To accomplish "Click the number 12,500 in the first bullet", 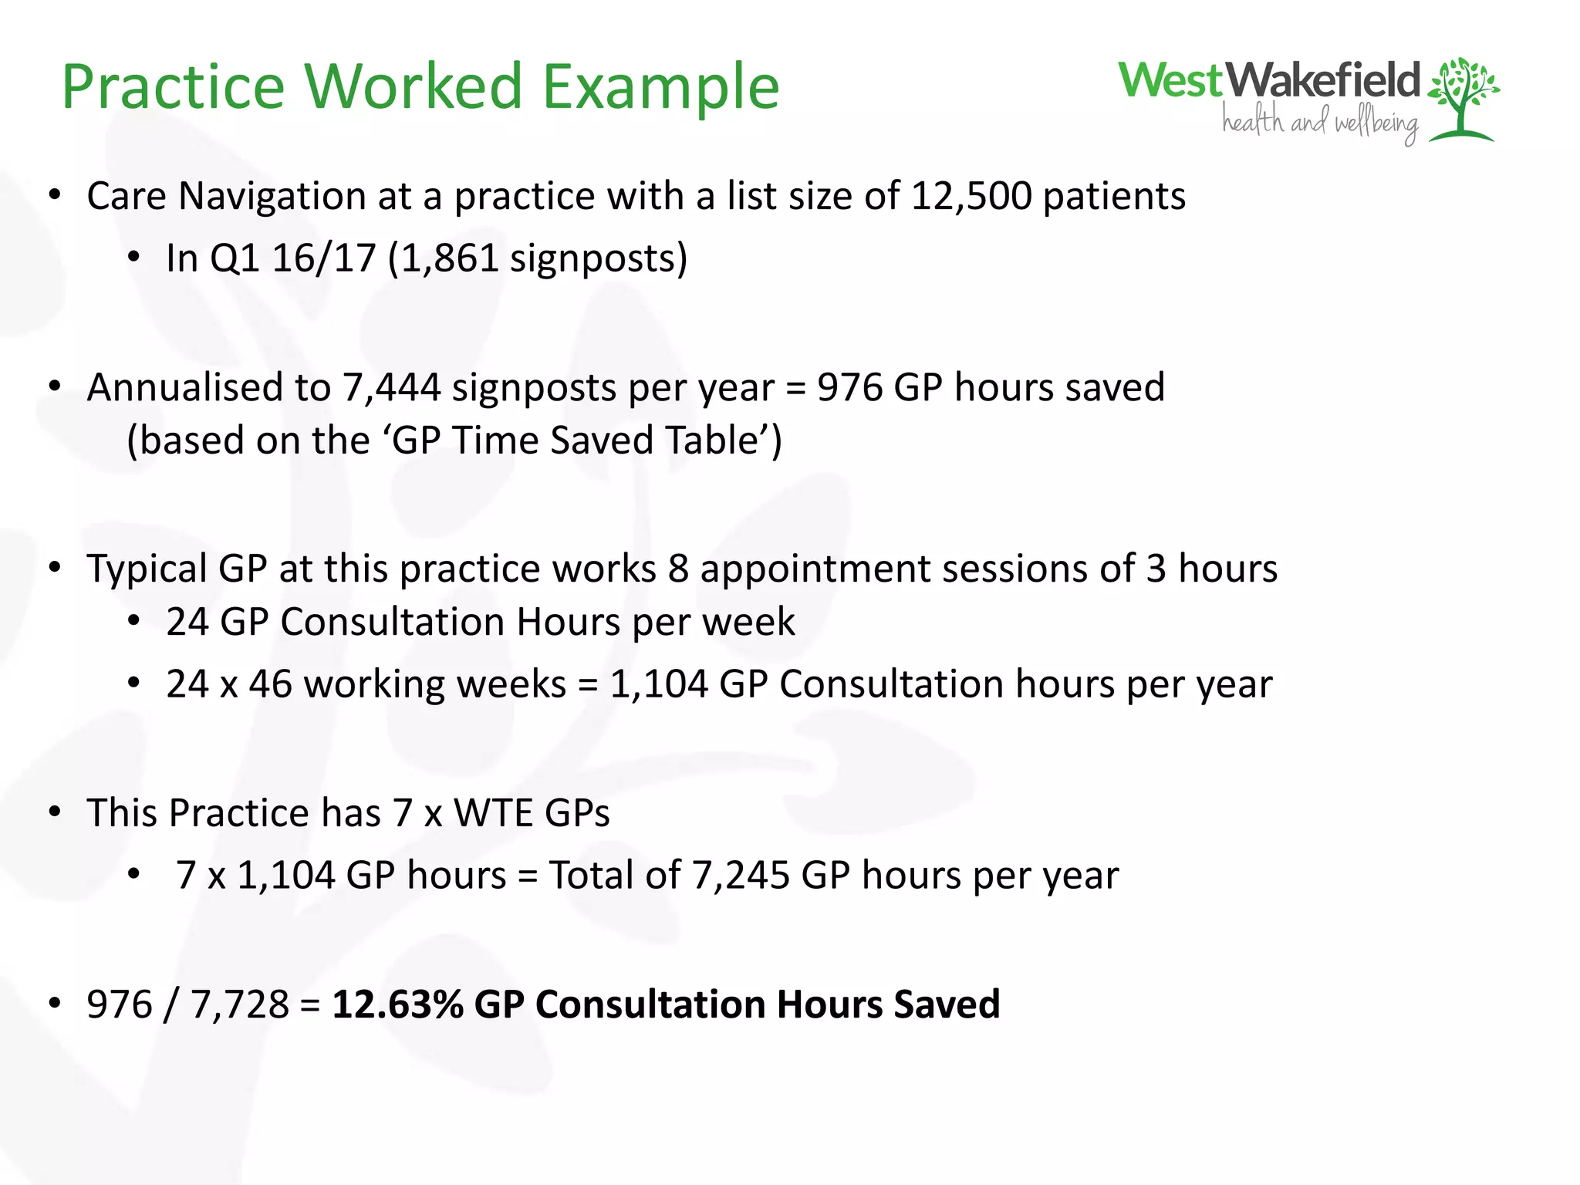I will tap(971, 196).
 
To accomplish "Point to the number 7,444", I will tap(391, 387).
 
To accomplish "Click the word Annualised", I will tap(185, 387).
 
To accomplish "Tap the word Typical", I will tap(147, 569).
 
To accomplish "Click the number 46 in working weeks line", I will tap(270, 684).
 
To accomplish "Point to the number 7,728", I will tap(239, 1004).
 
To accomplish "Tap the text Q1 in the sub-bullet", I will tap(235, 258).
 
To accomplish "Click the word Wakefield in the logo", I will tap(1322, 80).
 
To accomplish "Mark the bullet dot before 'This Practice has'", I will tap(55, 812).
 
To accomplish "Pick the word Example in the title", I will tap(660, 86).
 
